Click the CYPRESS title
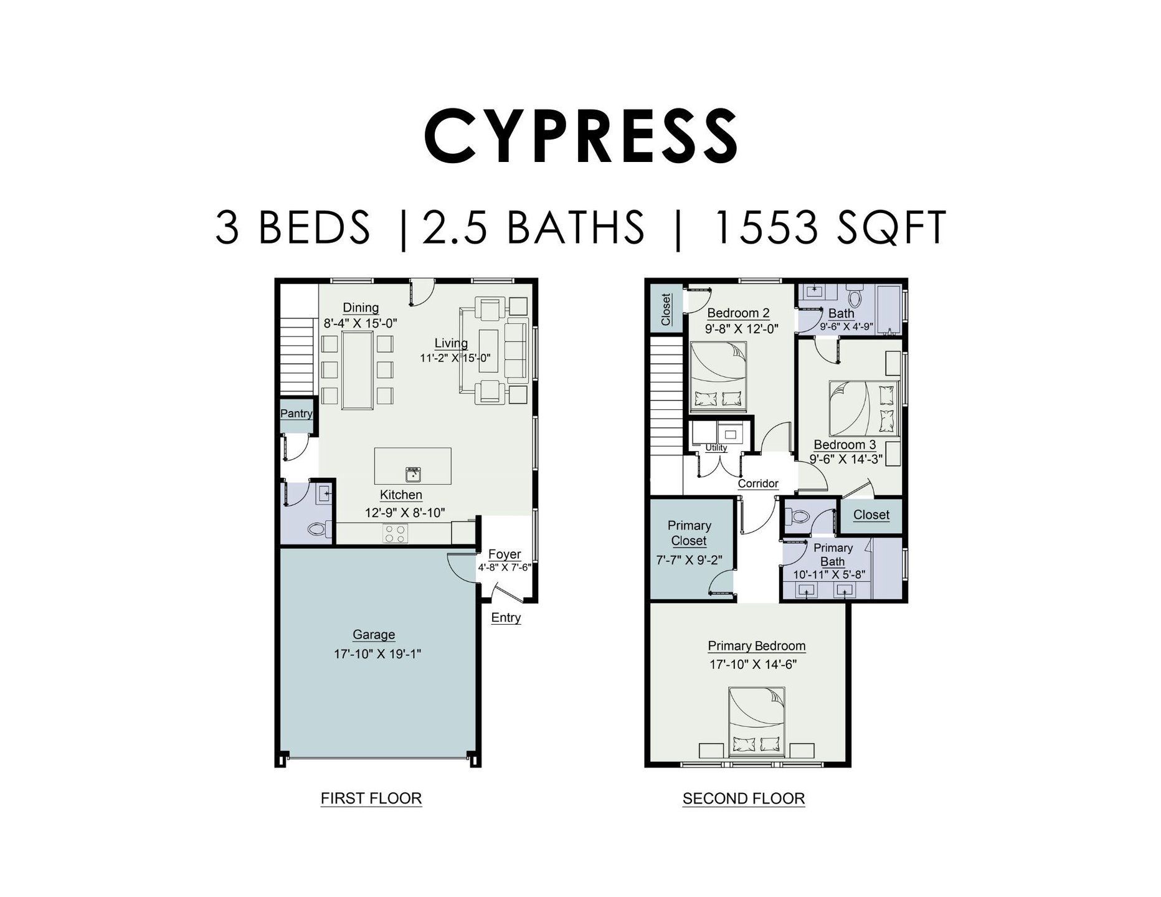coord(580,136)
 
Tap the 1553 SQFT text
coord(828,227)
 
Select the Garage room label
coord(374,635)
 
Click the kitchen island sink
coord(413,475)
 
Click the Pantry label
coord(296,414)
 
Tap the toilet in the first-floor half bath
coord(318,529)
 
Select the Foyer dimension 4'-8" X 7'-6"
coord(505,567)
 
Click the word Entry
coord(506,617)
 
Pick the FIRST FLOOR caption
coord(371,799)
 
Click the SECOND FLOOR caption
coord(744,799)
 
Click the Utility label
coord(716,447)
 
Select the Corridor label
coord(758,483)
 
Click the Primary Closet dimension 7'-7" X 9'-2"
coord(689,560)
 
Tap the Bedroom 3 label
coord(845,445)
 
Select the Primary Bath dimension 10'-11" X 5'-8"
coord(828,574)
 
